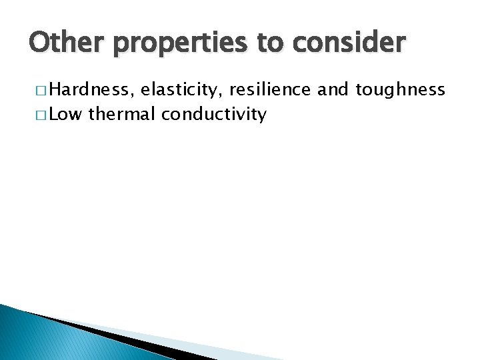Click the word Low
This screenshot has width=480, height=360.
[65, 114]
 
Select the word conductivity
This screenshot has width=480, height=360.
[213, 115]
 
